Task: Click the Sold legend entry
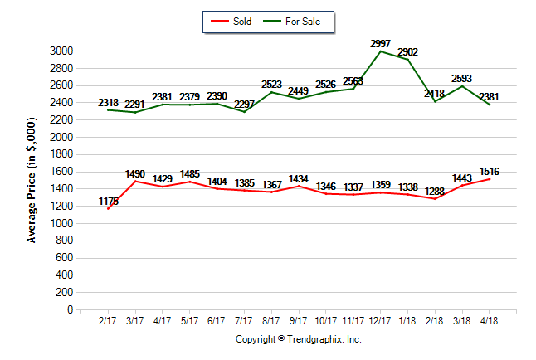[236, 21]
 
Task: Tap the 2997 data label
[380, 43]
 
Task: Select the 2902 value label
[407, 52]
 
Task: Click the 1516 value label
[490, 172]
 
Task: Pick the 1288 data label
[435, 192]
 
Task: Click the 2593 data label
[462, 79]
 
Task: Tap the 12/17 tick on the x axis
[381, 321]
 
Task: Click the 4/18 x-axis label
[490, 321]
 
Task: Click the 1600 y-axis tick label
[63, 172]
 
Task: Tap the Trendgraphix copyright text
[299, 339]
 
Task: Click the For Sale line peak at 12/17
[381, 51]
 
